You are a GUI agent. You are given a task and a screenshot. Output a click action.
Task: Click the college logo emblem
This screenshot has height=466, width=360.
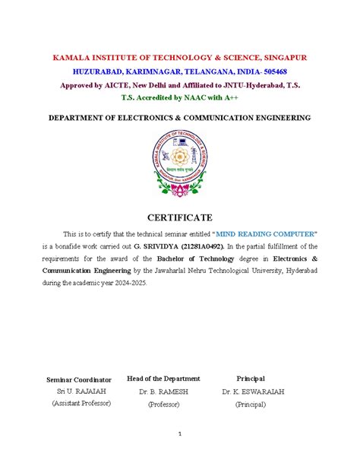179,163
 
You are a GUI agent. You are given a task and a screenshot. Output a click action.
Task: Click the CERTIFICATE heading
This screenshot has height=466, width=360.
179,218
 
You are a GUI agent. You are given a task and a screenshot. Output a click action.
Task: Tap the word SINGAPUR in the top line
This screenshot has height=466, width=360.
283,58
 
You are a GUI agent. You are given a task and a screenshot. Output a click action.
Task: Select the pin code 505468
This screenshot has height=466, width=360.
284,71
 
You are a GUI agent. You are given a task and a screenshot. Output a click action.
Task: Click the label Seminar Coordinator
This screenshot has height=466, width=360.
79,379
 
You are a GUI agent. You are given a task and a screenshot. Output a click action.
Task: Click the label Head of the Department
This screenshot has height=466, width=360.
163,378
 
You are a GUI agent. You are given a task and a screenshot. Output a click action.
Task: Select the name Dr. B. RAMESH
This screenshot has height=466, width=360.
163,391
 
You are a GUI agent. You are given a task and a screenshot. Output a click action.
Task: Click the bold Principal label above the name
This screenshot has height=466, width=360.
251,378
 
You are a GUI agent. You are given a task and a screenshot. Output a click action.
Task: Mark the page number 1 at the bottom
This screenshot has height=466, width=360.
180,434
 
